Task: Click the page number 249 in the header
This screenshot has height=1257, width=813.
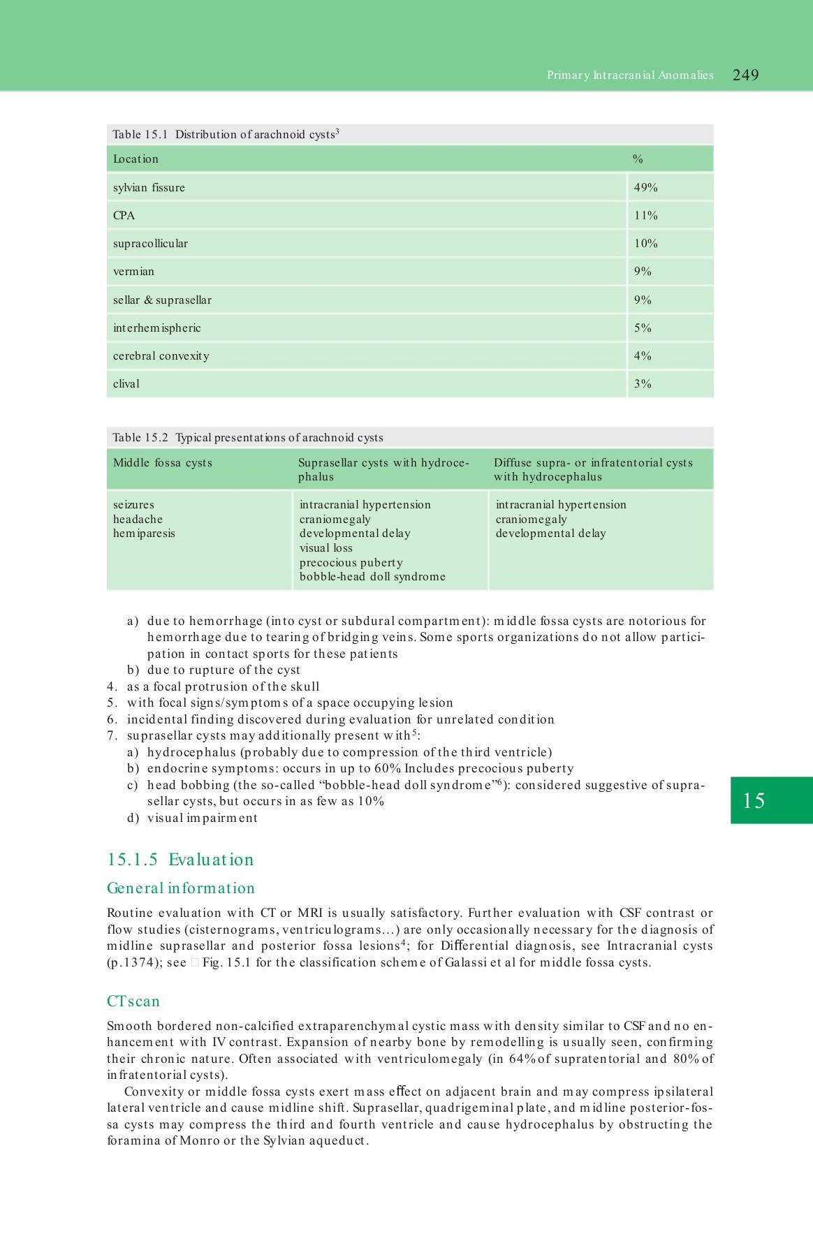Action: [x=745, y=75]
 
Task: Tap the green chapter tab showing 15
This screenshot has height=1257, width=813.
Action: [x=771, y=800]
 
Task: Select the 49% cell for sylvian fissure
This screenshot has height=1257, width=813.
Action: [x=645, y=188]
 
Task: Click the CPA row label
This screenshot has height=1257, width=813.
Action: [x=124, y=216]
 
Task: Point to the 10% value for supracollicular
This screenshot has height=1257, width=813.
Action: [x=645, y=244]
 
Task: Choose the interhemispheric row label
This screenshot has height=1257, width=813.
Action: [x=156, y=328]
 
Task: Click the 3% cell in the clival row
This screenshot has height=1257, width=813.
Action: [x=643, y=384]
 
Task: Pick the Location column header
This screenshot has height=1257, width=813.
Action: [x=135, y=159]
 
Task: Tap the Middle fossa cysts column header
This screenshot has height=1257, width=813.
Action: [x=162, y=463]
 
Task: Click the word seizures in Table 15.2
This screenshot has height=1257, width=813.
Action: [x=133, y=505]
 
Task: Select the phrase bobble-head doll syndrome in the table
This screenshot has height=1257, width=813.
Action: [x=372, y=577]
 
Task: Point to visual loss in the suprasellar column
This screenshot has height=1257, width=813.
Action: [x=325, y=548]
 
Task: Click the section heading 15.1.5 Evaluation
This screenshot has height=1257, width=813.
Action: [x=180, y=860]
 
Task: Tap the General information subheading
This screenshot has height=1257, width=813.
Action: [x=180, y=888]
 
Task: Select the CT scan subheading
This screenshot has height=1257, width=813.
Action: [x=133, y=1001]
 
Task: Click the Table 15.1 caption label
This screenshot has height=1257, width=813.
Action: [x=140, y=135]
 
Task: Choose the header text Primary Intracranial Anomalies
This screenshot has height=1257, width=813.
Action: [x=630, y=75]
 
